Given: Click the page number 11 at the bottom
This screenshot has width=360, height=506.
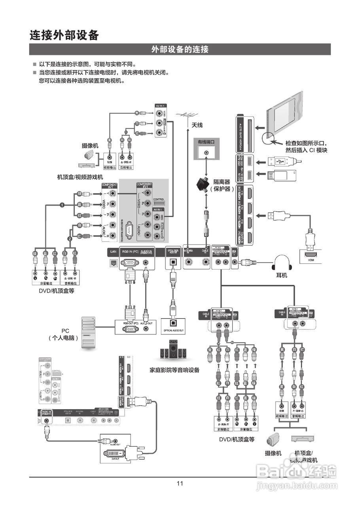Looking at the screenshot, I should (x=180, y=483).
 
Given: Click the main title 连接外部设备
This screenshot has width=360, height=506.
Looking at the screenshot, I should (x=64, y=35).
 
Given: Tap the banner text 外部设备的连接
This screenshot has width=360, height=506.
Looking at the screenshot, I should (x=180, y=49).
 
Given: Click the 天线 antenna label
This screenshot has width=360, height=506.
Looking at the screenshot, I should (x=197, y=125).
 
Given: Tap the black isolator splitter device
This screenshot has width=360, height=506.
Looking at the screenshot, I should (x=205, y=184).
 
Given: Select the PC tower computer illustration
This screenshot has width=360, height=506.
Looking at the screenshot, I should (x=88, y=332).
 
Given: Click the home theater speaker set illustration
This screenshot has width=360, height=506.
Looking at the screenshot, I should (x=173, y=350).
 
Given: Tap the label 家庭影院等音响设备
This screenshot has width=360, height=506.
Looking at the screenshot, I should (x=174, y=370).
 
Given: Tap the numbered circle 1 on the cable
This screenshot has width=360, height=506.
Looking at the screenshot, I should (x=62, y=205).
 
